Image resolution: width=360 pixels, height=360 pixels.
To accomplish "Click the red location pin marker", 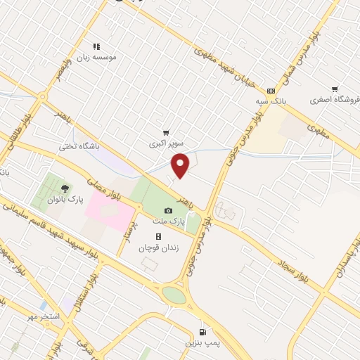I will pyautogui.click(x=181, y=166).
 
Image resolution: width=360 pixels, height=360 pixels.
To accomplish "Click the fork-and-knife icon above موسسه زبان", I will pyautogui.click(x=97, y=46).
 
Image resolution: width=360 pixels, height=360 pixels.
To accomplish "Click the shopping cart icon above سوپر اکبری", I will pyautogui.click(x=166, y=132).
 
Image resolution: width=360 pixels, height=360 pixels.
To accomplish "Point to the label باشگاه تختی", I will pyautogui.click(x=79, y=147).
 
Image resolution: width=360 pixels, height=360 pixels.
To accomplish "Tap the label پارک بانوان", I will pyautogui.click(x=65, y=199).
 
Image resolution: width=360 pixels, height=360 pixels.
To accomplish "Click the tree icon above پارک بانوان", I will pyautogui.click(x=65, y=188).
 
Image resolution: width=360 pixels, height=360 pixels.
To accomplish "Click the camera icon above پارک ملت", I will pyautogui.click(x=168, y=210).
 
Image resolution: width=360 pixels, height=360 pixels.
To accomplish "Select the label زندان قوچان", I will pyautogui.click(x=158, y=247).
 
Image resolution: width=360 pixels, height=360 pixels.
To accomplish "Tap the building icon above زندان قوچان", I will pyautogui.click(x=158, y=237).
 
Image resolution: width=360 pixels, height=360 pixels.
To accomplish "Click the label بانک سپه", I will pyautogui.click(x=271, y=101).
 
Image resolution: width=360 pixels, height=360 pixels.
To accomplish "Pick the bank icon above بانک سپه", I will pyautogui.click(x=271, y=91).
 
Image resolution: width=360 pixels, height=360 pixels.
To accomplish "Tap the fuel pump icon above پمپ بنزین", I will pyautogui.click(x=203, y=332).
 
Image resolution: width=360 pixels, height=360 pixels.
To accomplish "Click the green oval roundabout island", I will pyautogui.click(x=174, y=295).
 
